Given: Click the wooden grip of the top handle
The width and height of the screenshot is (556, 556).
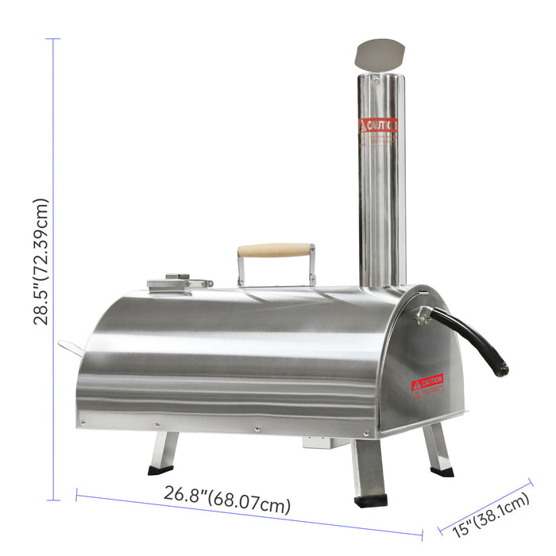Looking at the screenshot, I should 276,250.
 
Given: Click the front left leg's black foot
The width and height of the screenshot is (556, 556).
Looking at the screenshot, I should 160,470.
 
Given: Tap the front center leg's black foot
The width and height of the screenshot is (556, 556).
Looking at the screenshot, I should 370,500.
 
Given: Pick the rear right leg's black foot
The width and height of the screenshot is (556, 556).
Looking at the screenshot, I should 442,471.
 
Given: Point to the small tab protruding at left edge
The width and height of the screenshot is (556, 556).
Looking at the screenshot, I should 69,348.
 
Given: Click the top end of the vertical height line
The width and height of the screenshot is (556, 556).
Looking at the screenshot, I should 54,39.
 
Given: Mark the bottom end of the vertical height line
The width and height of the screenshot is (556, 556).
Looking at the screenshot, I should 54,500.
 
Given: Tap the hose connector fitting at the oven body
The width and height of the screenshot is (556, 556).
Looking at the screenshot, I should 423,316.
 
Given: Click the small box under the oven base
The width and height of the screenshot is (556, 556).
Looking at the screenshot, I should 320,442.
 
